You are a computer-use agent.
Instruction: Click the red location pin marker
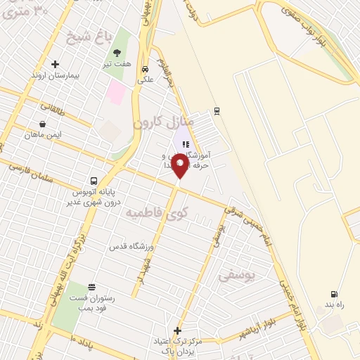pos(180,165)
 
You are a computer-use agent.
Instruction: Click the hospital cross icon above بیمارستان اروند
pos(55,64)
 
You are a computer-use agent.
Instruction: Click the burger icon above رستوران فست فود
pos(91,287)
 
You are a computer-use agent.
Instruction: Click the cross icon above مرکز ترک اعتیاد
pos(177,330)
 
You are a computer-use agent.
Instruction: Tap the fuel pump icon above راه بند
pos(333,295)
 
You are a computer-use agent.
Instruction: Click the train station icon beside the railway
pos(217,110)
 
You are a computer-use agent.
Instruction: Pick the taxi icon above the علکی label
pos(145,69)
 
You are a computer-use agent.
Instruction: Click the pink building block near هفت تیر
pos(117,92)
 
